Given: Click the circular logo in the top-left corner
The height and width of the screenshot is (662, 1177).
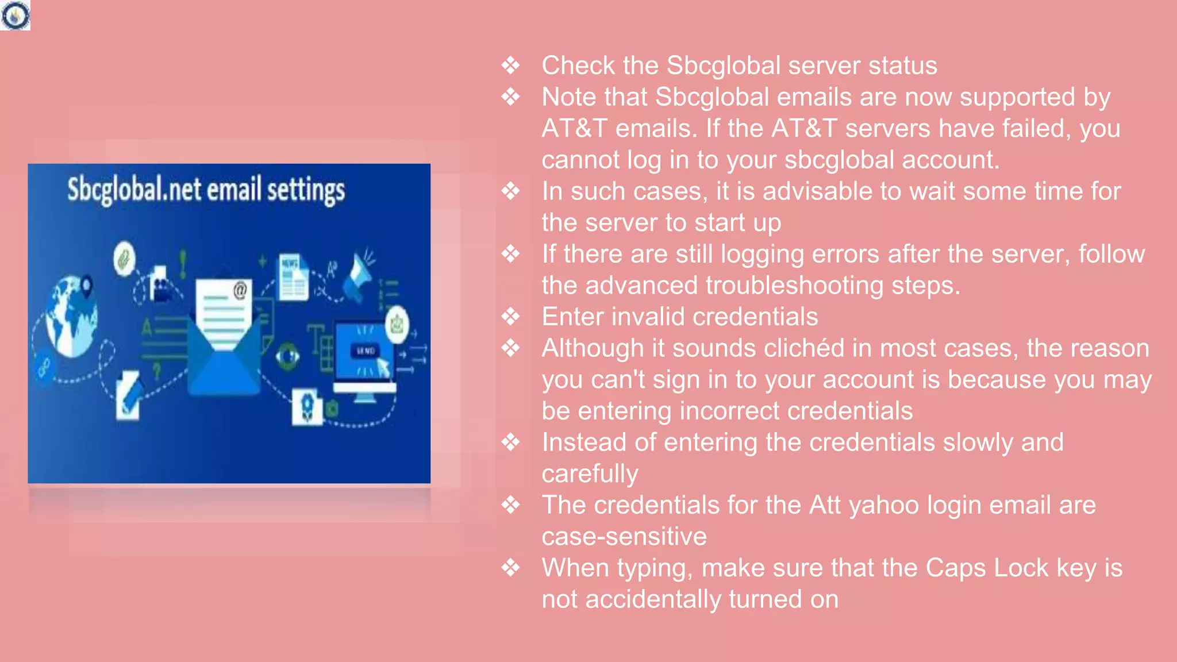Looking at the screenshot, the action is click(15, 15).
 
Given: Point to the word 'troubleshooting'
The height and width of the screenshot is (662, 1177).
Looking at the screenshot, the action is click(794, 286).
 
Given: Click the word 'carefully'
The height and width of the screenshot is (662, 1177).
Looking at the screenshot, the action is click(590, 474).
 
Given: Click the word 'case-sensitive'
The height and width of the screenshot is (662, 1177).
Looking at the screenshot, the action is click(624, 537).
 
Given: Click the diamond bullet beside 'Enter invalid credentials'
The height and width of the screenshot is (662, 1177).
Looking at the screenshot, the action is click(510, 317).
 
